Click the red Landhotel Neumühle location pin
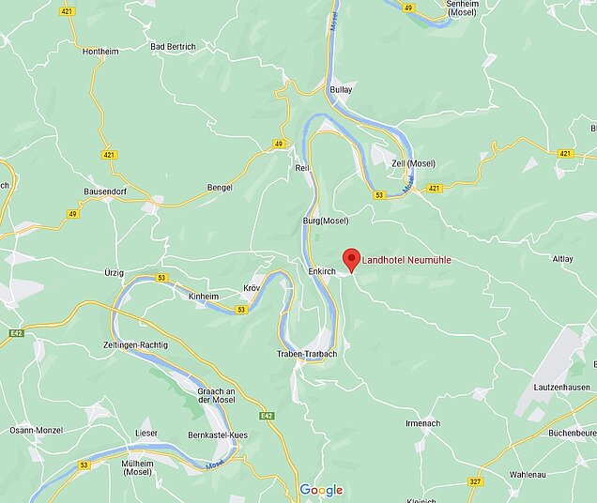point(351,258)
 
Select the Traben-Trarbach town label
point(306,354)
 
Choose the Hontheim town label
point(100,52)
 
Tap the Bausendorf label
point(105,191)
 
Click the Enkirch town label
point(321,270)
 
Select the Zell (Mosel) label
point(414,163)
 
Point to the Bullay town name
point(342,90)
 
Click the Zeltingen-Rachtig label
point(135,345)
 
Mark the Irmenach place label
point(423,423)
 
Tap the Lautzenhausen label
point(562,387)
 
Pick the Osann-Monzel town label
point(35,430)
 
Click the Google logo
point(321,490)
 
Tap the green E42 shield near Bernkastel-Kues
point(268,415)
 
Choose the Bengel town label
point(220,188)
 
